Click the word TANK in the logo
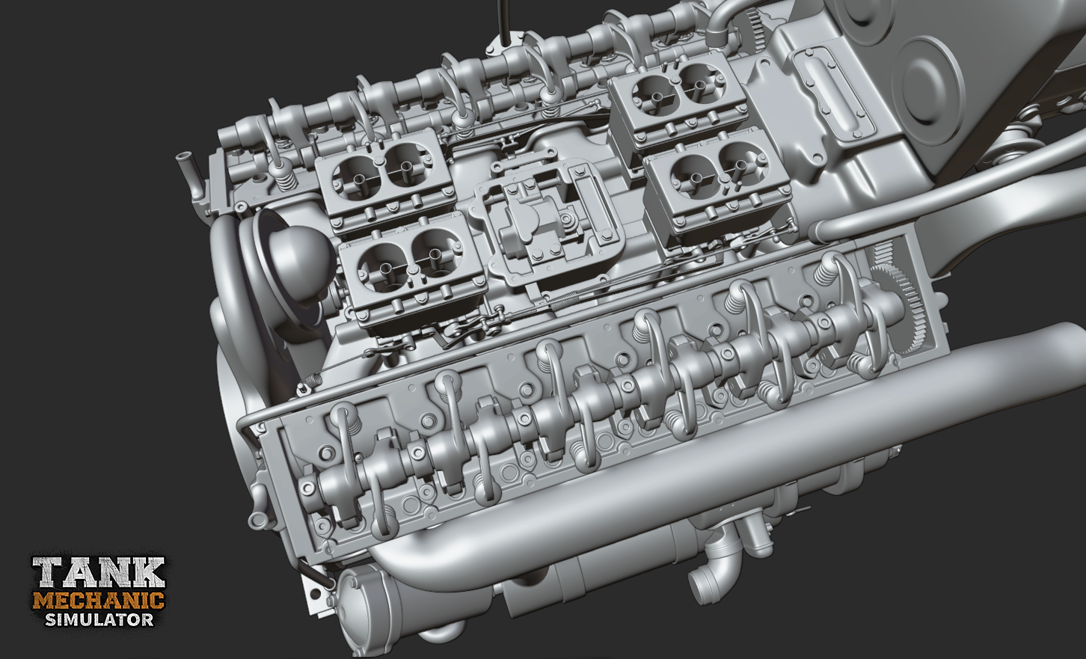click(99, 572)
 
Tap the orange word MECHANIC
click(99, 601)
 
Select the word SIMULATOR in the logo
click(99, 619)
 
